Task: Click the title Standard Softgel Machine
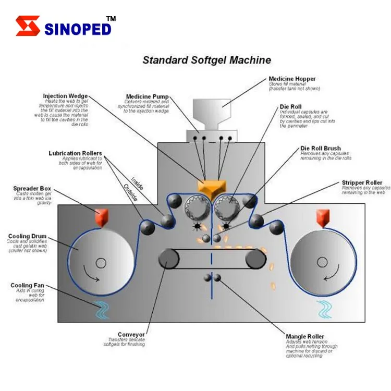click(x=206, y=60)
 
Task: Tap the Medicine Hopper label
click(x=292, y=79)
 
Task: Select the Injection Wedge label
click(x=65, y=96)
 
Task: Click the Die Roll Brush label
click(x=321, y=148)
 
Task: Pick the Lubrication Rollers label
click(x=76, y=153)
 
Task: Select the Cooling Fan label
click(x=26, y=285)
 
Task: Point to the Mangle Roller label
click(x=305, y=337)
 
